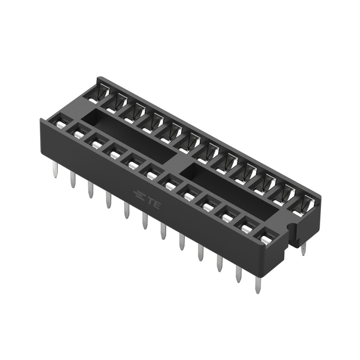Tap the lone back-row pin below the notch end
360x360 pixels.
pos(303,249)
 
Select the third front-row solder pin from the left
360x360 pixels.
pos(91,190)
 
